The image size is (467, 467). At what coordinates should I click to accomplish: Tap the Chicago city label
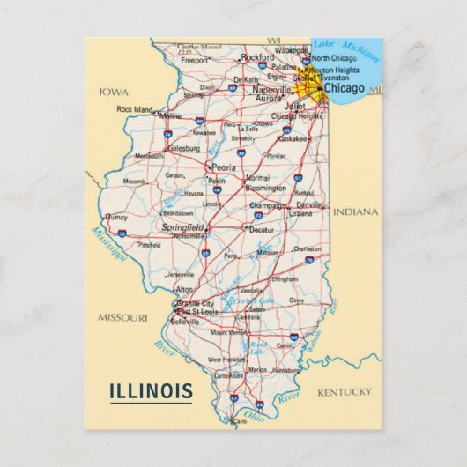(x=344, y=89)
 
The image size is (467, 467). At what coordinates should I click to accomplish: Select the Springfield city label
(x=182, y=227)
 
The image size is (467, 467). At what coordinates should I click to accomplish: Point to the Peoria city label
(x=224, y=167)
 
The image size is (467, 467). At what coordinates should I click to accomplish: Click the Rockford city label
(x=257, y=57)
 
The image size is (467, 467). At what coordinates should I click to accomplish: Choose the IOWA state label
(x=114, y=92)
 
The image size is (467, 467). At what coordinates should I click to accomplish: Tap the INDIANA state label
(x=355, y=212)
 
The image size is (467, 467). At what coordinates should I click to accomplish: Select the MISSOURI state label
(x=122, y=318)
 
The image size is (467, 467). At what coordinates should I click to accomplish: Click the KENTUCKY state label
(x=345, y=391)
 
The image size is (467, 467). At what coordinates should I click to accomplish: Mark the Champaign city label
(x=268, y=205)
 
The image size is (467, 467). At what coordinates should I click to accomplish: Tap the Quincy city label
(x=115, y=217)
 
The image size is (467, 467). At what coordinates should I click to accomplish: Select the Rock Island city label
(x=135, y=109)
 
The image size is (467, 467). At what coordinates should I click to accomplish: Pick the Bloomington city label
(x=266, y=188)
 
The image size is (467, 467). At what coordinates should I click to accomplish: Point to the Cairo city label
(x=240, y=422)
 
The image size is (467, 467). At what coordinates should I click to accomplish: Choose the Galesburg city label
(x=183, y=149)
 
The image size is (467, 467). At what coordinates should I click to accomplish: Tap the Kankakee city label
(x=293, y=138)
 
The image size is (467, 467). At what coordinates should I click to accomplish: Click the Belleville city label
(x=184, y=322)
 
